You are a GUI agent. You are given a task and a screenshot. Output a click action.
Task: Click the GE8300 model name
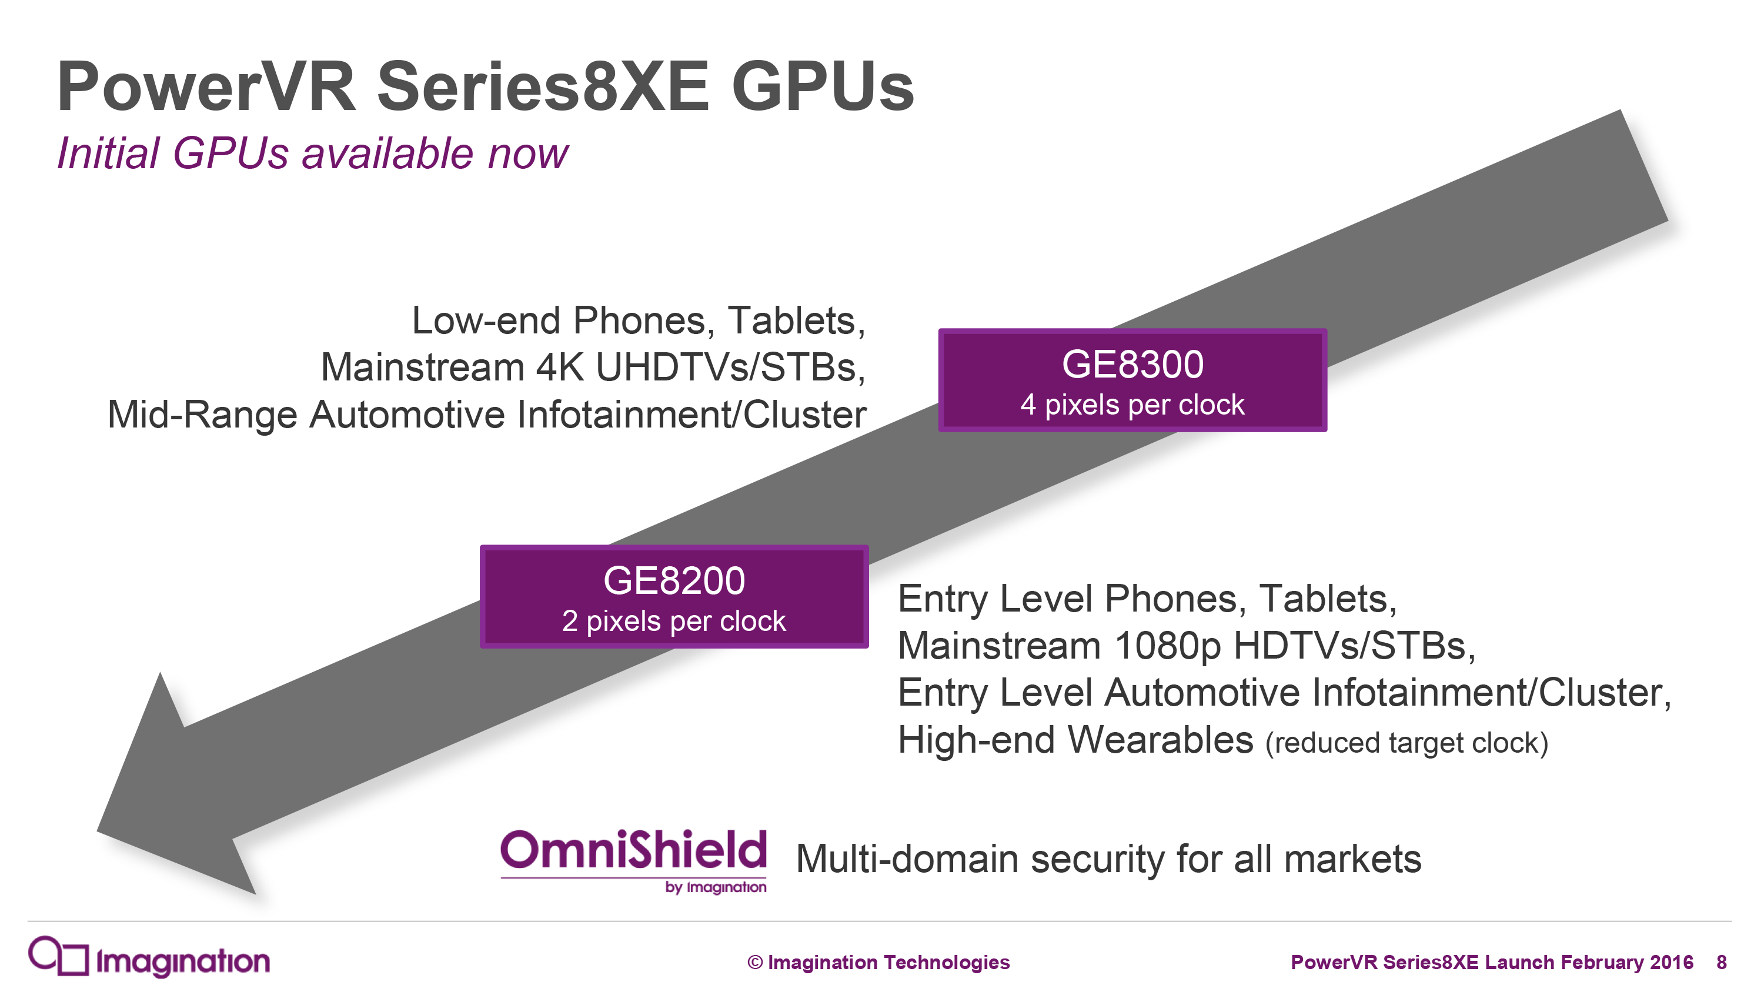pyautogui.click(x=1132, y=363)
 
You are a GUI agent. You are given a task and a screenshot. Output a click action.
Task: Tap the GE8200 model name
pyautogui.click(x=674, y=580)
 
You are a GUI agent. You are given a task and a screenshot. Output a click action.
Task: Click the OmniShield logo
pyautogui.click(x=633, y=860)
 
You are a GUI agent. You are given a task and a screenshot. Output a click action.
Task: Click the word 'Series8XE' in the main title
pyautogui.click(x=542, y=87)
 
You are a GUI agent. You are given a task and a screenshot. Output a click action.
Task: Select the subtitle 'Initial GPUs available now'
pyautogui.click(x=312, y=153)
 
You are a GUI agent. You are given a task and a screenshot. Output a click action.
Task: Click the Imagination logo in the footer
pyautogui.click(x=149, y=958)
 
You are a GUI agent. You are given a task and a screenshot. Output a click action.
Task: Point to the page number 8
pyautogui.click(x=1722, y=962)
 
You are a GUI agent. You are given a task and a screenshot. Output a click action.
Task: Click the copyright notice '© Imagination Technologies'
pyautogui.click(x=878, y=962)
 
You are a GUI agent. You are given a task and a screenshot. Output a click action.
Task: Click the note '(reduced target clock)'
pyautogui.click(x=1406, y=743)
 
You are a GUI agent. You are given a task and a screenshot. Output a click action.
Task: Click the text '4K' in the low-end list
pyautogui.click(x=559, y=367)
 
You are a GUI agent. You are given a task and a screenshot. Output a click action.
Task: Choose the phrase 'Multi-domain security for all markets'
pyautogui.click(x=1108, y=859)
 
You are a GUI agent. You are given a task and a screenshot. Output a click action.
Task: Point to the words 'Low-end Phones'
pyautogui.click(x=558, y=320)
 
